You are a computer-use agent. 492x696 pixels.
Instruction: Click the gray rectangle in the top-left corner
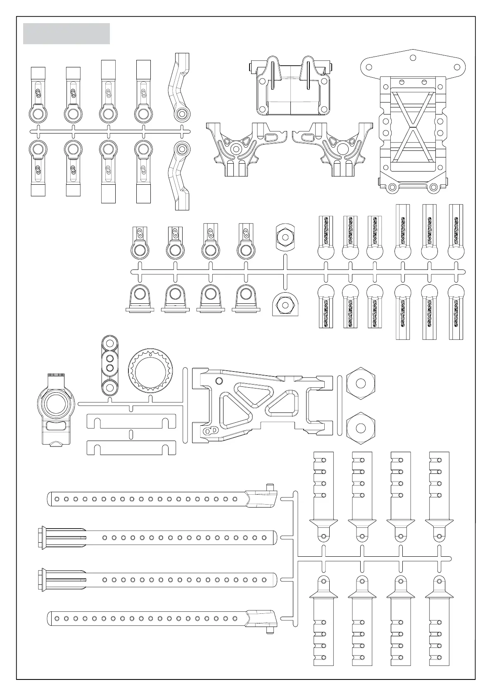click(x=66, y=33)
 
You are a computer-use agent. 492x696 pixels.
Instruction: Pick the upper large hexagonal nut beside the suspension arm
click(x=361, y=383)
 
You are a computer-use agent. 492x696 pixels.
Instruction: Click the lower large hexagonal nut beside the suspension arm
click(x=361, y=428)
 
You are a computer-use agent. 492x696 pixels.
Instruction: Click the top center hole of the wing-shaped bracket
click(x=413, y=57)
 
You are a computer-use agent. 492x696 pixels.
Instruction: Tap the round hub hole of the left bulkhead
click(x=236, y=148)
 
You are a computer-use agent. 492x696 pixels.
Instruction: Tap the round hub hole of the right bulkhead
click(x=342, y=148)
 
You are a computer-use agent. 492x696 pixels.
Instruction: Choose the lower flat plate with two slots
click(x=131, y=447)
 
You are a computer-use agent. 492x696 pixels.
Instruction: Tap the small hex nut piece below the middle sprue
click(x=284, y=305)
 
